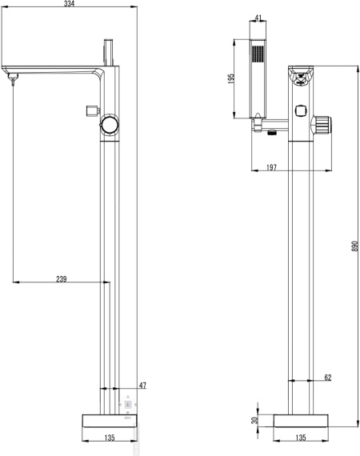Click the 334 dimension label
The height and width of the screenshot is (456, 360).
pyautogui.click(x=69, y=3)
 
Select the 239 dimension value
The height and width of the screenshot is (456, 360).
pyautogui.click(x=61, y=279)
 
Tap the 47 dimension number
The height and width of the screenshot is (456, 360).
pyautogui.click(x=142, y=386)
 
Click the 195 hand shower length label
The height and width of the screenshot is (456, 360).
pyautogui.click(x=231, y=79)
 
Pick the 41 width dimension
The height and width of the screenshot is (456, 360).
pyautogui.click(x=258, y=18)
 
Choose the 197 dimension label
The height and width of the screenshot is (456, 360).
pyautogui.click(x=271, y=167)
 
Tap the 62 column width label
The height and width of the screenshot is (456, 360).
pyautogui.click(x=328, y=377)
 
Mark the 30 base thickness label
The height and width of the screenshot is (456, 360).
pyautogui.click(x=254, y=420)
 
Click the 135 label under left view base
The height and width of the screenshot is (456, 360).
pyautogui.click(x=110, y=438)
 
